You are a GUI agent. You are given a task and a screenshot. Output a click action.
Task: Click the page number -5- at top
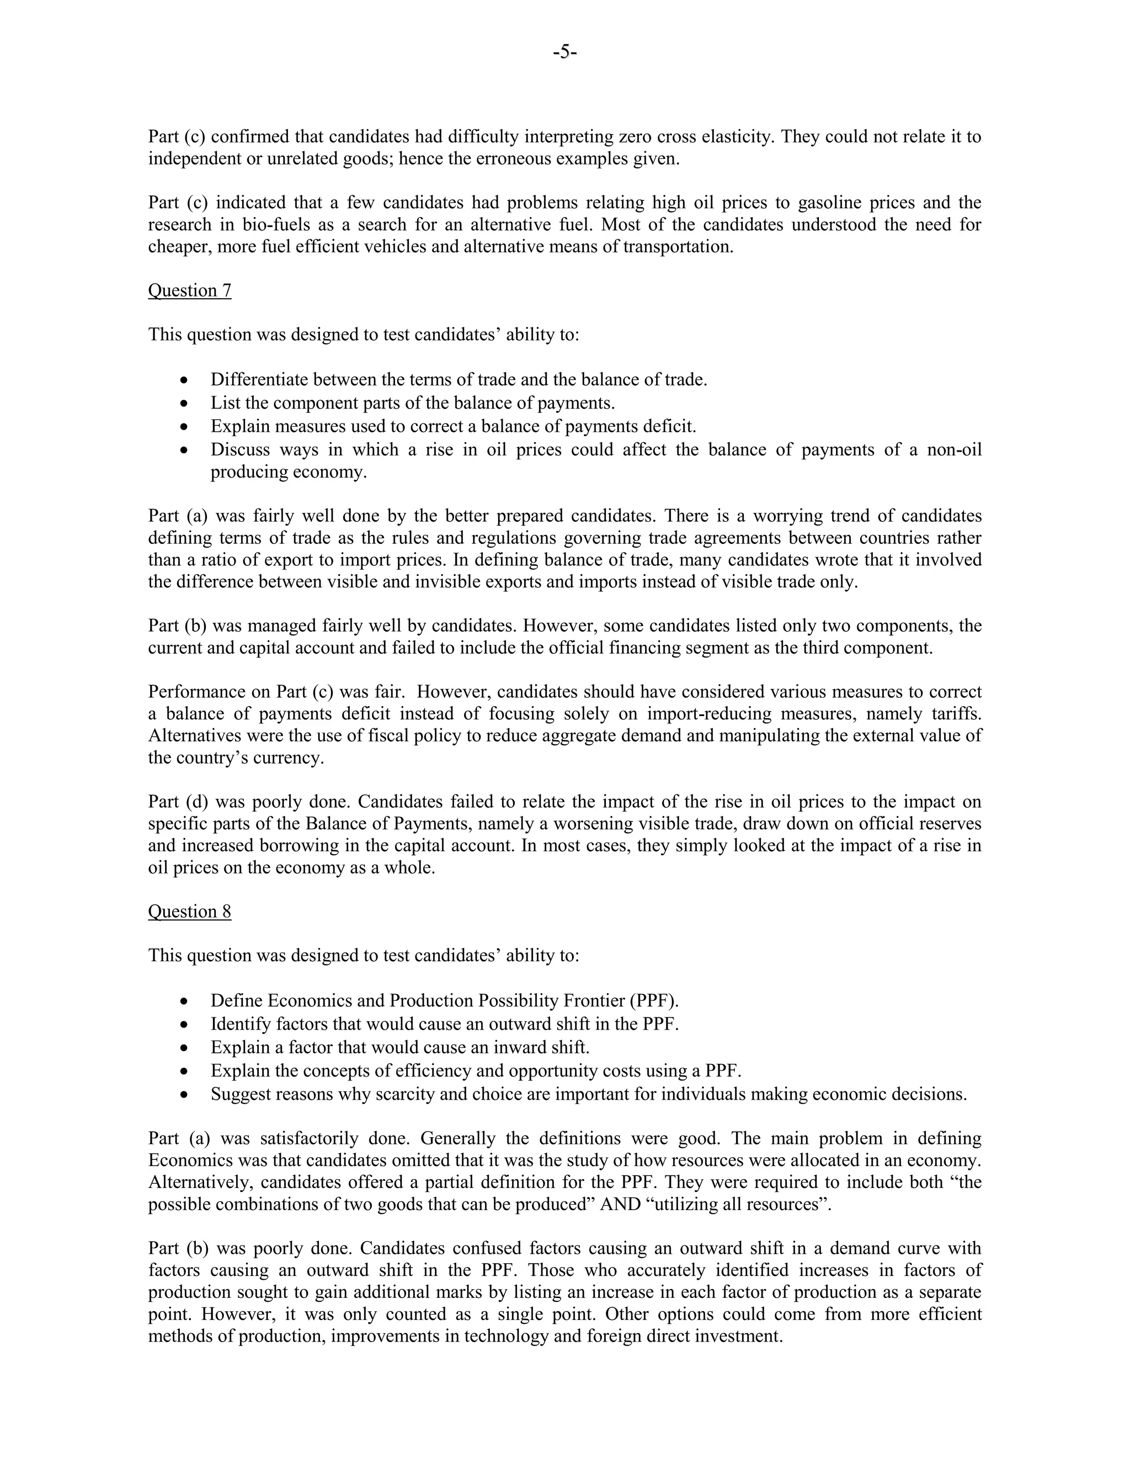click(565, 51)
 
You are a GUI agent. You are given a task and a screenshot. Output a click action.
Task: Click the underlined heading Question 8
click(189, 911)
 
